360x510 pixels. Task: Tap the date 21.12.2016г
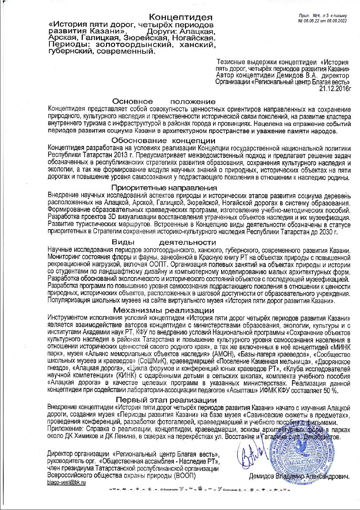coord(334,88)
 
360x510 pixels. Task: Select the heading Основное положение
coord(163,101)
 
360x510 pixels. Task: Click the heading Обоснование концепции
coord(163,141)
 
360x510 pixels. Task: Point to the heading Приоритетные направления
coord(163,187)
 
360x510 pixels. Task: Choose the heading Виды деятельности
coord(163,242)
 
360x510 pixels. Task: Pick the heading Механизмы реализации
coord(163,309)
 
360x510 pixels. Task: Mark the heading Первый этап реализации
coord(163,400)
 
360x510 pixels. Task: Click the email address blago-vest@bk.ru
coord(67,482)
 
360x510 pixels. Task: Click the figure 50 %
coord(328,390)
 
